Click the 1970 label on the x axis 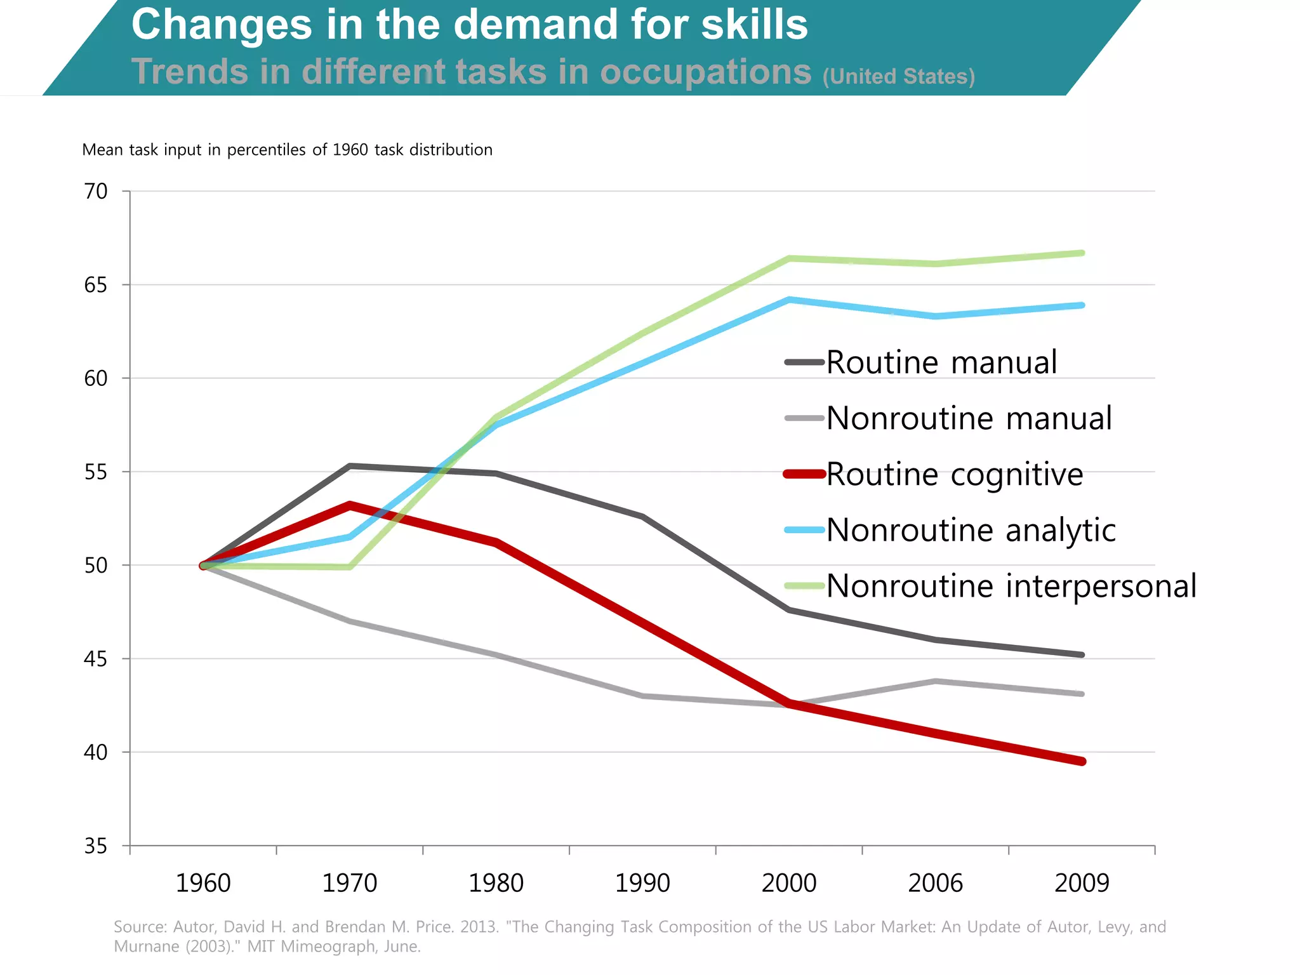tap(350, 883)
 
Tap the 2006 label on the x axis tap(935, 883)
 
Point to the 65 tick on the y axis tap(96, 285)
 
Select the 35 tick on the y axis tap(96, 846)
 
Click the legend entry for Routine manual tap(941, 362)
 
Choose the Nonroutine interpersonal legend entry tap(1011, 585)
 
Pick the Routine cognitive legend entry tap(954, 474)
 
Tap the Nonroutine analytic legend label tap(971, 530)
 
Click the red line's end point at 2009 tap(1082, 761)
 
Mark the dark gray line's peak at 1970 tap(350, 466)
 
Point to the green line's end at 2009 tap(1082, 253)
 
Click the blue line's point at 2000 tap(789, 300)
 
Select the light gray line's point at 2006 tap(936, 681)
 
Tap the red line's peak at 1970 tap(350, 505)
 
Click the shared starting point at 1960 tap(204, 565)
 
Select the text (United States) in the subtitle tap(898, 77)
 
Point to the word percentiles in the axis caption tap(266, 150)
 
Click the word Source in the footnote tap(139, 927)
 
